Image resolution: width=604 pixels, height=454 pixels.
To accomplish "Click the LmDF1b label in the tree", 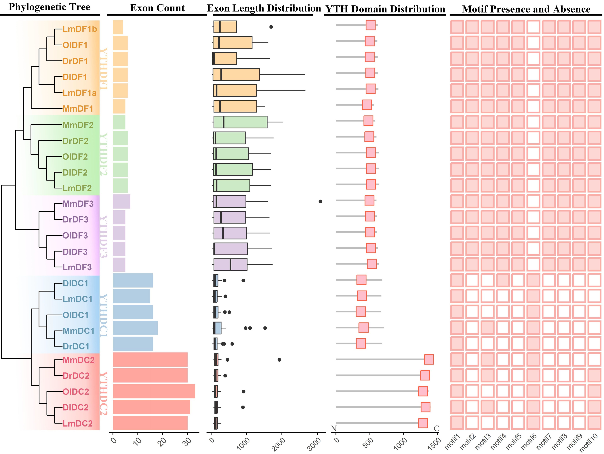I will click(x=79, y=29).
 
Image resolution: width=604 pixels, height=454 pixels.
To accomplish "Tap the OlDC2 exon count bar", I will click(x=154, y=391).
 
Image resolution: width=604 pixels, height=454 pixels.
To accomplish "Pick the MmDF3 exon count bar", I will click(x=121, y=202).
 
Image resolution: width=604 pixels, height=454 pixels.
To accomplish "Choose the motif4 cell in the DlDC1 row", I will click(x=503, y=280).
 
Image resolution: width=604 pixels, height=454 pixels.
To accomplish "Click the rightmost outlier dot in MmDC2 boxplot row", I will click(x=279, y=360).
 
